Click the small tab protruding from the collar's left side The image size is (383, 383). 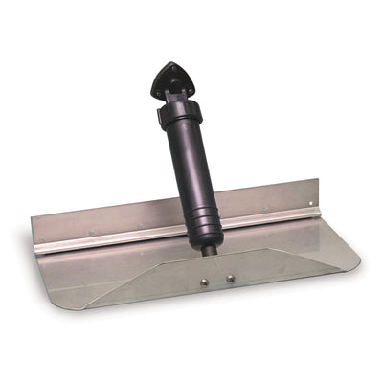159,118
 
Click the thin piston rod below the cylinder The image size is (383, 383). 209,252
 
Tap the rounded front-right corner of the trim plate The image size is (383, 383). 355,259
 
